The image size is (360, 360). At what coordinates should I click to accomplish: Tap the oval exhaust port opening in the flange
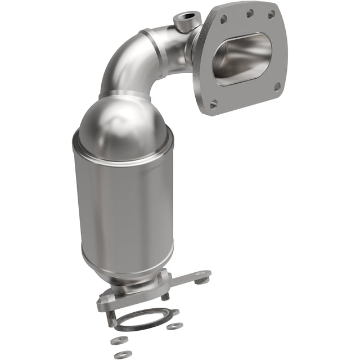pos(242,57)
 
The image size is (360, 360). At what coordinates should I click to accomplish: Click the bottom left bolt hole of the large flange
pos(213,103)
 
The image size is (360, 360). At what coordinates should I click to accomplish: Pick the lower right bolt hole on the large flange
pos(277,87)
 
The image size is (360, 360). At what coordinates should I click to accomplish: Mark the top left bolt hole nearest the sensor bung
pos(223,19)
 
